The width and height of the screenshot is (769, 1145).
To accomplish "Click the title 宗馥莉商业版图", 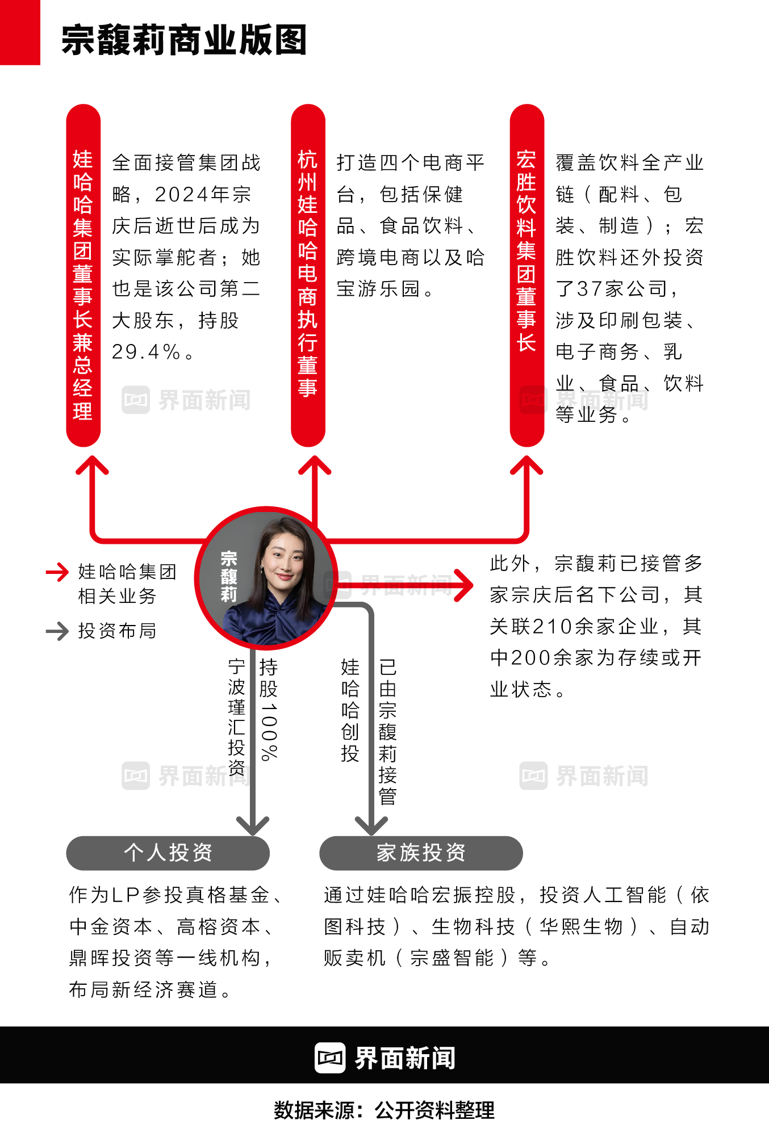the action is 184,40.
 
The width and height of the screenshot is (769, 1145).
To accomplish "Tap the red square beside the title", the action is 20,32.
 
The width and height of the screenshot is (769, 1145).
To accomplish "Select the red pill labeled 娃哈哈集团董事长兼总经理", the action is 83,275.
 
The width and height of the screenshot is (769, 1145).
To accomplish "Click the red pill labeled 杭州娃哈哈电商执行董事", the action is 308,275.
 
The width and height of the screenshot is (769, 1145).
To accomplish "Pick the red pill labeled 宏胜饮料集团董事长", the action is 526,275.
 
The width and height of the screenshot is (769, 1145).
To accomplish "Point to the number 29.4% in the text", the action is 146,352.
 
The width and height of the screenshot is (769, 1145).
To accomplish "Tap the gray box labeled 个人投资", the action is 168,853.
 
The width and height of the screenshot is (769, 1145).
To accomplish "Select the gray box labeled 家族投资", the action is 421,853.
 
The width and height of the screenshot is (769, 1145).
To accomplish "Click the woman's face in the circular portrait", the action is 284,562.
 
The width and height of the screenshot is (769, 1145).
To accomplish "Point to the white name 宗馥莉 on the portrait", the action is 228,576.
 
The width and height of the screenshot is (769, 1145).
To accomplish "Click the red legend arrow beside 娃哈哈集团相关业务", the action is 57,572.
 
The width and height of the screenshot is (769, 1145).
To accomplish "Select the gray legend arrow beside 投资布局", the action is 57,631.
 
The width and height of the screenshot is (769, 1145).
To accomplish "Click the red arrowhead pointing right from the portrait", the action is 463,585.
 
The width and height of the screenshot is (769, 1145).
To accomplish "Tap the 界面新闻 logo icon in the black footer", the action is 330,1058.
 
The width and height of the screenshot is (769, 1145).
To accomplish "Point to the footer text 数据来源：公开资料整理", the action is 384,1110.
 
